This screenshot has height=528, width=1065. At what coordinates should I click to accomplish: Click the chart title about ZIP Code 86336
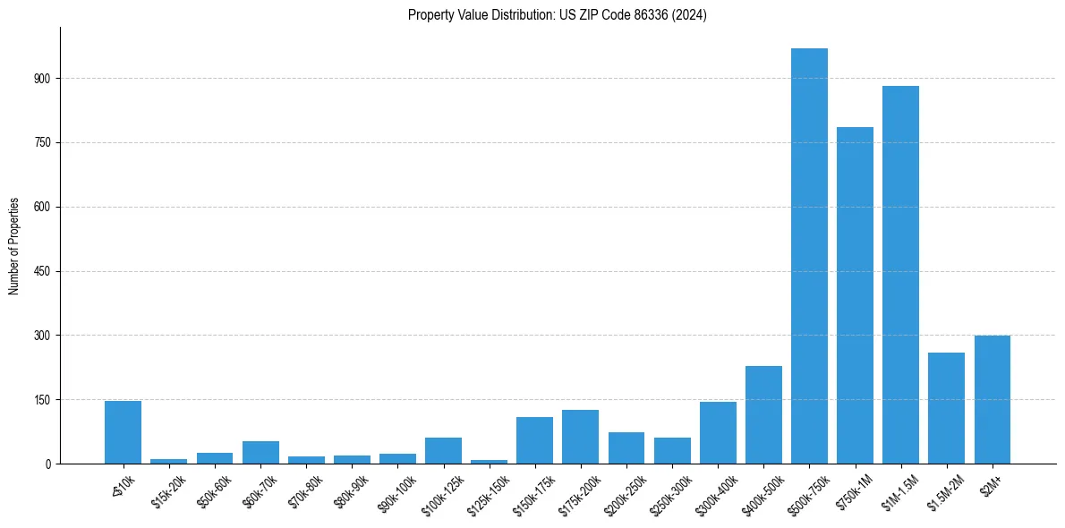557,15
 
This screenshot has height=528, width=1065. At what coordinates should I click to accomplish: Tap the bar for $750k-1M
855,295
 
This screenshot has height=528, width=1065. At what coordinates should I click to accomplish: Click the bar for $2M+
992,400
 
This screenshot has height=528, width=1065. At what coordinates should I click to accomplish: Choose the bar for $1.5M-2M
946,408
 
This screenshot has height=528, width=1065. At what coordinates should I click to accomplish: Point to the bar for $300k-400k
718,432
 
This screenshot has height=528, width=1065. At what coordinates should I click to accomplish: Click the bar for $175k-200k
580,437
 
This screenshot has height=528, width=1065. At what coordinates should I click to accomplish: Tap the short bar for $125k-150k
489,462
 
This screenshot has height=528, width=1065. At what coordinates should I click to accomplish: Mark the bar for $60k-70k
260,452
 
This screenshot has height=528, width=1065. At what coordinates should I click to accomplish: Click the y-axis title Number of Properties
14,246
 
